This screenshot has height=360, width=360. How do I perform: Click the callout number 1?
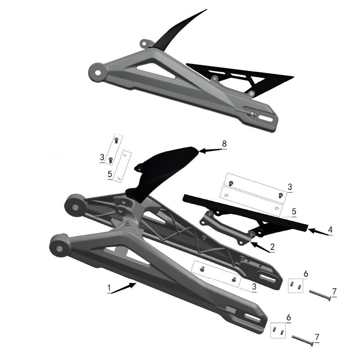(109, 287)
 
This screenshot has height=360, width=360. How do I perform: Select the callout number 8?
(224, 144)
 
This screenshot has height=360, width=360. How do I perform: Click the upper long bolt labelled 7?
(320, 295)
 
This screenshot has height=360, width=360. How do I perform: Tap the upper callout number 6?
(306, 273)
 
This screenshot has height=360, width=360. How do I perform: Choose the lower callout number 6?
(288, 318)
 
